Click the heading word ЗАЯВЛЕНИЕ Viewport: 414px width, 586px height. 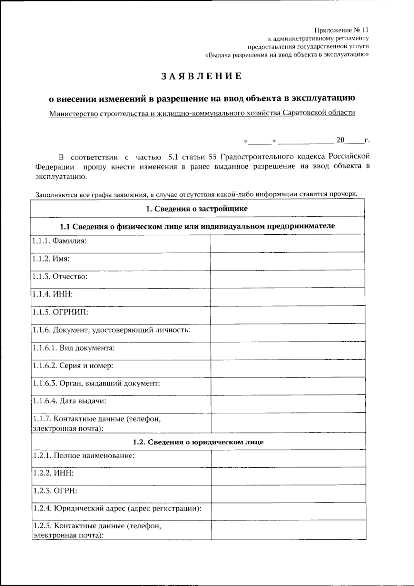(x=202, y=76)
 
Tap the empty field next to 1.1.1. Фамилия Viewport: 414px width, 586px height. (x=287, y=243)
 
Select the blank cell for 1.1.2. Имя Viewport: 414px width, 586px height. (x=287, y=261)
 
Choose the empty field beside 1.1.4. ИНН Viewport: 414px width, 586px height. (x=287, y=297)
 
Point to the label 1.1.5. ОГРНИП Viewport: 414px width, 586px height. (x=60, y=312)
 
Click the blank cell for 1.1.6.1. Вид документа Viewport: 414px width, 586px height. (x=287, y=351)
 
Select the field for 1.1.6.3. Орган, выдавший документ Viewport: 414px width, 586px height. (x=287, y=386)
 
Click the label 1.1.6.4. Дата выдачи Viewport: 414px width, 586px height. (x=69, y=401)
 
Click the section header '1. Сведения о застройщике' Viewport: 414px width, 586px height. (x=197, y=209)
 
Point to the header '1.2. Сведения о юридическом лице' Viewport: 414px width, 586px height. (x=198, y=442)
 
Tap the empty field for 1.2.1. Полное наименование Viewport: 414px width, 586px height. (x=288, y=458)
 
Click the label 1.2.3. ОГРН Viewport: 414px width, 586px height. (x=55, y=490)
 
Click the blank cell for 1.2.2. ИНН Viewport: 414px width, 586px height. (x=288, y=476)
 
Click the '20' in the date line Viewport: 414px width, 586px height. (x=340, y=140)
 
